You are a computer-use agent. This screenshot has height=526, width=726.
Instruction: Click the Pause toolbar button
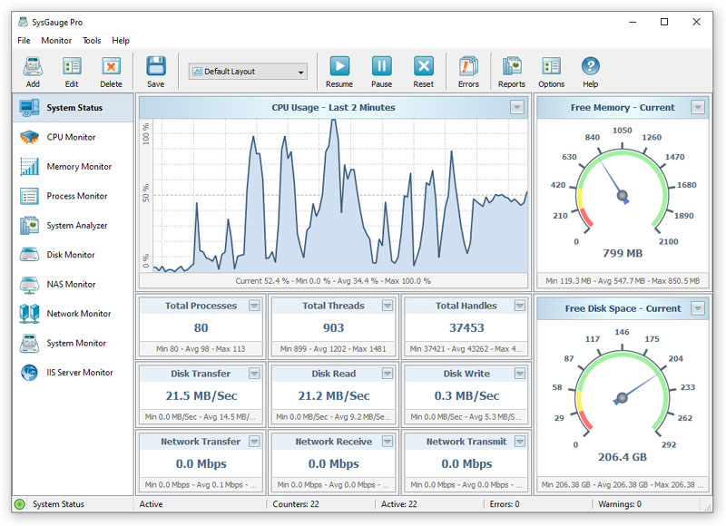381,72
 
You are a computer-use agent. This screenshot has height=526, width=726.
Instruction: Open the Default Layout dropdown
248,72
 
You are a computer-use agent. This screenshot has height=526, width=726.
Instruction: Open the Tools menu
92,41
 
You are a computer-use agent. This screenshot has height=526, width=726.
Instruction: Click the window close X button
696,22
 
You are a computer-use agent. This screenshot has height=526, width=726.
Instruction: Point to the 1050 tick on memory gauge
623,131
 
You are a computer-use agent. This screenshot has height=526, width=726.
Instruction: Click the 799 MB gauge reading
623,253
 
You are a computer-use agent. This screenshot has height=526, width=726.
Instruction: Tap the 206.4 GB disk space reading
623,457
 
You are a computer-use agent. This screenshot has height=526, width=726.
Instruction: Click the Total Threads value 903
333,328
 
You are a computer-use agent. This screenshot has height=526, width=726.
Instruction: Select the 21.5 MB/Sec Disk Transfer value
201,396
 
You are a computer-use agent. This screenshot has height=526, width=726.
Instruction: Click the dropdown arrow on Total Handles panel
520,306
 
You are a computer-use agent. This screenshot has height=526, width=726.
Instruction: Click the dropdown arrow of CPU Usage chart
517,107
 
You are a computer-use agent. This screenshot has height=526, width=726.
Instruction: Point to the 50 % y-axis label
146,193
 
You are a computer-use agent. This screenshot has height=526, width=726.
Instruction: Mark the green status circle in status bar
19,504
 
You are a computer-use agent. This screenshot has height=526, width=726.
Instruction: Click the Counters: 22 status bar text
296,504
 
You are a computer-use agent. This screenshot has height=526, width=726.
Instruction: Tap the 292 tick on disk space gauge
669,444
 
